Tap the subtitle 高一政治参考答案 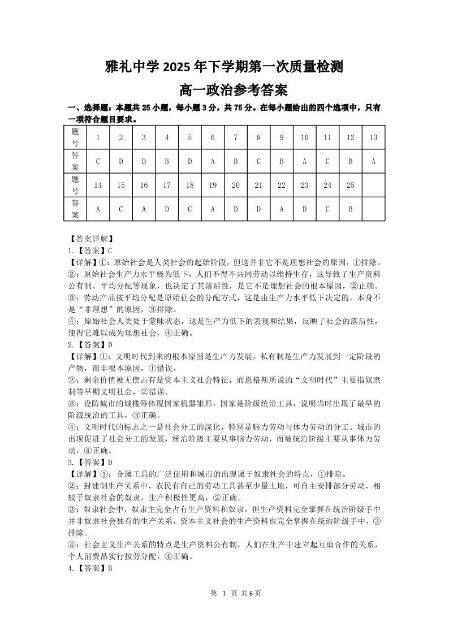225,90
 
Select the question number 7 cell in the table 236,137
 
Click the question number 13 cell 373,137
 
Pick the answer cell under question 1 98,161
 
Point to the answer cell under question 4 167,161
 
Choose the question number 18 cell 190,185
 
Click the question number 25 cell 351,185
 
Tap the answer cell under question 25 351,209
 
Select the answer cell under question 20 236,209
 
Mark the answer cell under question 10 304,161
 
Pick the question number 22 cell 282,185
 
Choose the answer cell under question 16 144,209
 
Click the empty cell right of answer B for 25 373,209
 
